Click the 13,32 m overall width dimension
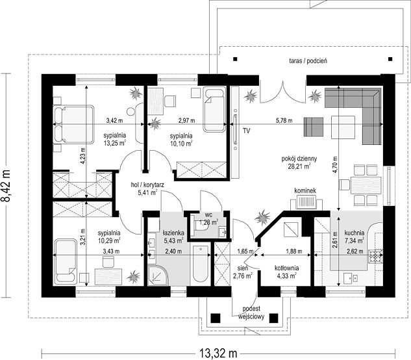click(x=218, y=354)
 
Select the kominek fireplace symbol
click(x=306, y=203)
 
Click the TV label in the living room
click(x=246, y=131)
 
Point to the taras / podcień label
click(x=308, y=61)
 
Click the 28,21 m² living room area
click(x=299, y=166)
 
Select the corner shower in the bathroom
click(x=158, y=276)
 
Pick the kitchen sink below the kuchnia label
click(x=351, y=278)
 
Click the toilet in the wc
click(x=201, y=225)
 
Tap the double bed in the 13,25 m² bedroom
click(x=73, y=125)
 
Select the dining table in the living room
click(x=366, y=185)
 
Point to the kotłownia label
click(x=286, y=268)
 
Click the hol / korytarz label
click(x=147, y=185)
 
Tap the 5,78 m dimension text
click(x=284, y=121)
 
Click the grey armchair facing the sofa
click(x=314, y=127)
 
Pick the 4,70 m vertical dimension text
click(x=335, y=164)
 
